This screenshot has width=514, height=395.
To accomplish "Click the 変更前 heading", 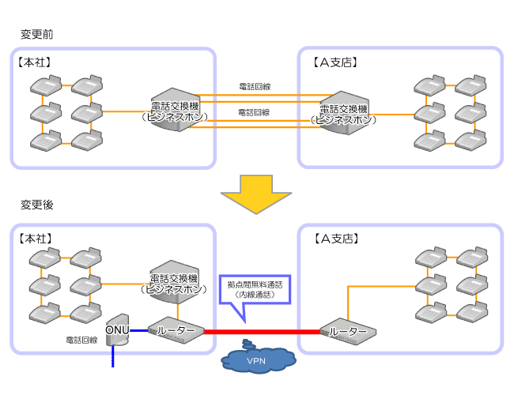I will [36, 35].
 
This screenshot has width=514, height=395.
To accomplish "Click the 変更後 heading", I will [36, 205].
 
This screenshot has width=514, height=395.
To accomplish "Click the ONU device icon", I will [118, 330].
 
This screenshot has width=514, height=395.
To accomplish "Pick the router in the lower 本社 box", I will [177, 331].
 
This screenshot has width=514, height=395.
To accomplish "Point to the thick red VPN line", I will [261, 332].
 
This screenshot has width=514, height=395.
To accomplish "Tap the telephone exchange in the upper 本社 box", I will [176, 111].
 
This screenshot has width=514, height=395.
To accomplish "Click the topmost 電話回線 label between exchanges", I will [254, 85].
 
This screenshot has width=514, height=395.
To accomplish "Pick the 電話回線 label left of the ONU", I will [81, 340].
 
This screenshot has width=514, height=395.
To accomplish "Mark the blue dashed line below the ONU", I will [112, 357].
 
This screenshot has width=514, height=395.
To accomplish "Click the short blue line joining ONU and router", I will [139, 331].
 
